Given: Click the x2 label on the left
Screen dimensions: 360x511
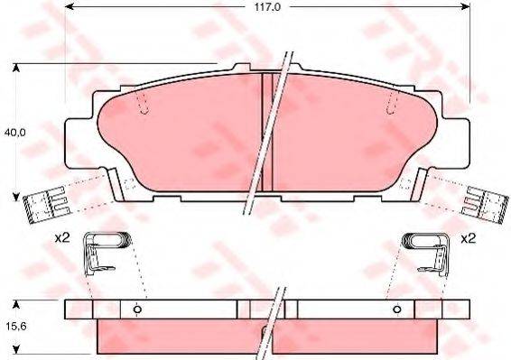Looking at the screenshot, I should (61, 239).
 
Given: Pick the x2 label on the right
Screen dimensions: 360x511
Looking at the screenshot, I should (469, 239).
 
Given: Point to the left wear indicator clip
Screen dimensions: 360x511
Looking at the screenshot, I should (42, 206).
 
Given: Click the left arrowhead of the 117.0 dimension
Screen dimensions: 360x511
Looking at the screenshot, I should (70, 6).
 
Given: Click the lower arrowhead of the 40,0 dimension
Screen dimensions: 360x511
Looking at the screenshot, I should (15, 194).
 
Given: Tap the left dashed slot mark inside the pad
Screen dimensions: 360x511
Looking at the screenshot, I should (143, 104).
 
